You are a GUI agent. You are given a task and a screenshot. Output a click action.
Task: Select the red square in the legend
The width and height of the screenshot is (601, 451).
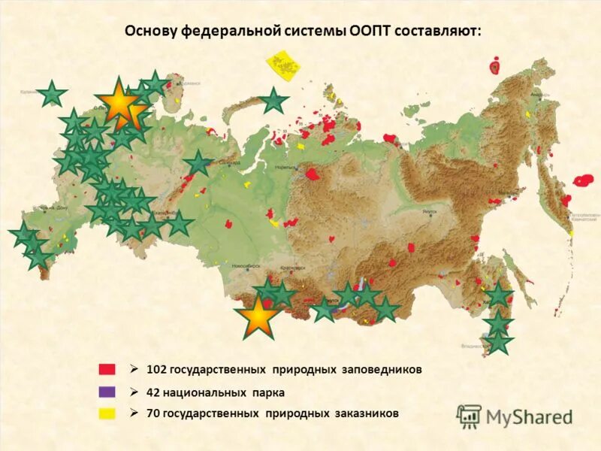coord(107,369)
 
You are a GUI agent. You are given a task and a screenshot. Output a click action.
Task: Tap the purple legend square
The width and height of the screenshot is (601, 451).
coord(107,392)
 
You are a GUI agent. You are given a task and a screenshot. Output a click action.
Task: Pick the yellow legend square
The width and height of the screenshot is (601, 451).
coord(107,413)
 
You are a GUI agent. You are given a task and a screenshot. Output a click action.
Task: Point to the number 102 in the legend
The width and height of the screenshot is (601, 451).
coord(156,370)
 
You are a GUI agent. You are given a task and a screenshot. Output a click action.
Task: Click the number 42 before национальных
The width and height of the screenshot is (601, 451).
coord(153,392)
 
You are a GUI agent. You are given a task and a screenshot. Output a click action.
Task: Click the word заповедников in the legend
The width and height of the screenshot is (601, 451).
coord(379,370)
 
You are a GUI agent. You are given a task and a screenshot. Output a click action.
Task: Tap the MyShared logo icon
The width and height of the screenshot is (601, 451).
coord(469,416)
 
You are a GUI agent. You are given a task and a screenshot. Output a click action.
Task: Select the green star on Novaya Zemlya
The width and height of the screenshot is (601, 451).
coord(274,100)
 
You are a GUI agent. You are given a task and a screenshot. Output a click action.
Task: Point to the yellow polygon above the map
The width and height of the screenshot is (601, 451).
coord(285,65)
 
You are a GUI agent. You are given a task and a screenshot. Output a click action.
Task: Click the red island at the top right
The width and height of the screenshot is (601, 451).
coord(494,67)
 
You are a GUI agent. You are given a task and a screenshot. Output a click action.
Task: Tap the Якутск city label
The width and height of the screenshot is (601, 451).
coord(429,213)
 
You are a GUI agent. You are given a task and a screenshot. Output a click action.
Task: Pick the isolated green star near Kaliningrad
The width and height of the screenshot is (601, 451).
coord(53,94)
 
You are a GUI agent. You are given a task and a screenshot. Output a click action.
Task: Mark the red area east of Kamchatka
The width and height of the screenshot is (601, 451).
coord(584,180)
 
